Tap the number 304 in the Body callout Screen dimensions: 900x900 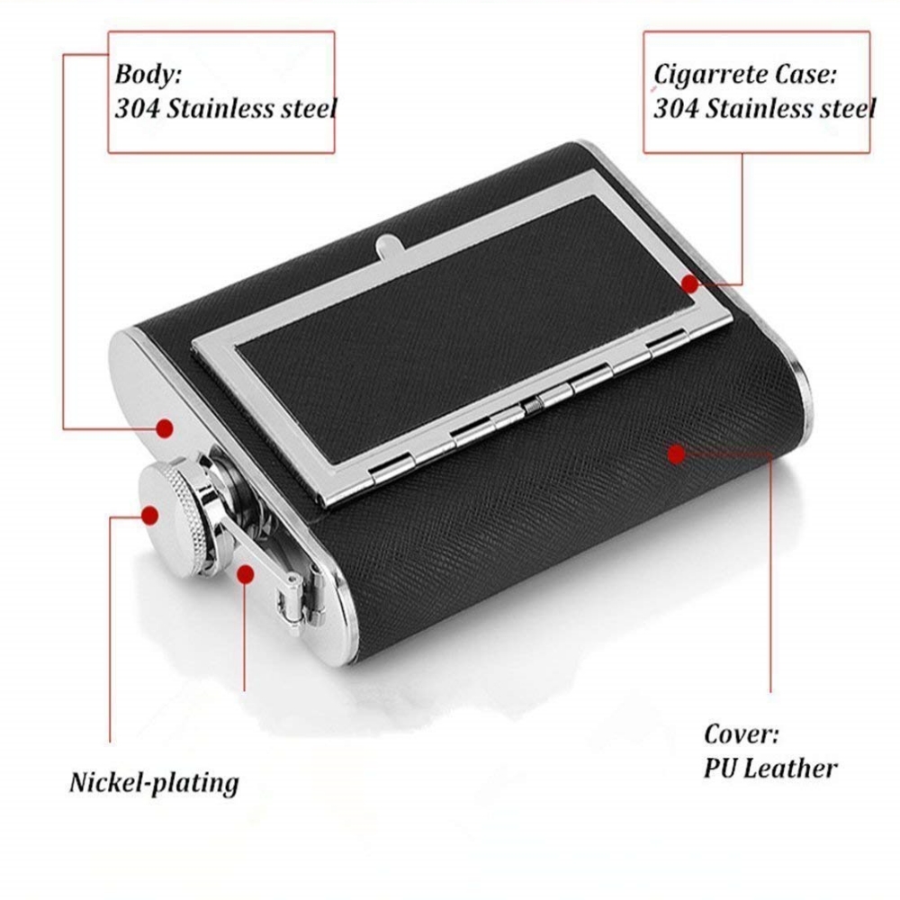pyautogui.click(x=133, y=110)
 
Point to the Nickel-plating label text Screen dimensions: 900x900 pyautogui.click(x=154, y=782)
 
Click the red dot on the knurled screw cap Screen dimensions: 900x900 pyautogui.click(x=150, y=515)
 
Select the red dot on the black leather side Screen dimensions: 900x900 pyautogui.click(x=676, y=453)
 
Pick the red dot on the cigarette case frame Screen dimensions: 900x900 pyautogui.click(x=689, y=284)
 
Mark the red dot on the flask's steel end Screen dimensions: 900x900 pyautogui.click(x=165, y=428)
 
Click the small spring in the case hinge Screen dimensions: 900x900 pyautogui.click(x=533, y=407)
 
